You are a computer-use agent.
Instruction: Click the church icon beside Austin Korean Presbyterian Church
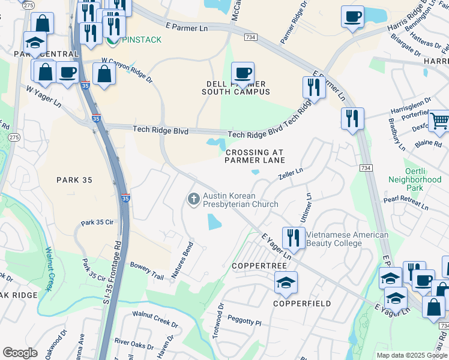coord(193,199)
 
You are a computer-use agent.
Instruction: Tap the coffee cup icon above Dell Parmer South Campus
coord(243,74)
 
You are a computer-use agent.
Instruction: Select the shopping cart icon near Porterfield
coord(439,121)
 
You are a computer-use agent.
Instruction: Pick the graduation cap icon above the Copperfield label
coord(286,282)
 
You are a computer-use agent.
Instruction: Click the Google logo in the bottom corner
coord(20,353)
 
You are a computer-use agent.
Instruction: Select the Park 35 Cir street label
coord(97,223)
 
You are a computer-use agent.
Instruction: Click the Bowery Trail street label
coord(147,272)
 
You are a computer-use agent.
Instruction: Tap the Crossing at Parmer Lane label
coord(255,156)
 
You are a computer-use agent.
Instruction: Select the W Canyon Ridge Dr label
coord(127,70)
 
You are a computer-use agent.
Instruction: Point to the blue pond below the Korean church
coord(214,223)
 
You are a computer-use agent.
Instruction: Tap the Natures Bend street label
coord(182,260)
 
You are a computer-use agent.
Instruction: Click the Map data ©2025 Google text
coord(411,355)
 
